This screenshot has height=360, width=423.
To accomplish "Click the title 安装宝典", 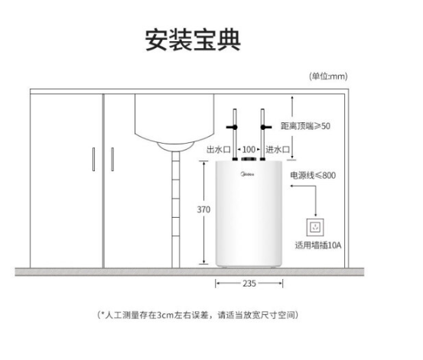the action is pyautogui.click(x=193, y=40).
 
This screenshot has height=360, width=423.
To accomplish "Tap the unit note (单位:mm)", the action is pyautogui.click(x=328, y=76).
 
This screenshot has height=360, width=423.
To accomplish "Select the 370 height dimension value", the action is pyautogui.click(x=203, y=209).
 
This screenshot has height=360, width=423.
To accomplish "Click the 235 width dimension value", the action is pyautogui.click(x=249, y=284).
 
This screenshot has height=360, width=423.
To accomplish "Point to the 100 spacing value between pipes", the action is pyautogui.click(x=249, y=149).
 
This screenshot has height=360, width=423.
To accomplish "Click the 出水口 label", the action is pyautogui.click(x=219, y=149).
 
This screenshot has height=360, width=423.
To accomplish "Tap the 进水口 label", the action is pyautogui.click(x=278, y=149).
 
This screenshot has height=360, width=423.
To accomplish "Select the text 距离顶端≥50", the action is pyautogui.click(x=305, y=126).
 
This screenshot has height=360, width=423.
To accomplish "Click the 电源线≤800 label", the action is pyautogui.click(x=313, y=175).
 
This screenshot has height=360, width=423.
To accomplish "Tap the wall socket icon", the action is pyautogui.click(x=315, y=227).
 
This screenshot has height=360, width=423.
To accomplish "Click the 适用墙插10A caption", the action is pyautogui.click(x=318, y=245).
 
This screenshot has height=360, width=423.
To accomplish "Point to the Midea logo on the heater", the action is pyautogui.click(x=247, y=174).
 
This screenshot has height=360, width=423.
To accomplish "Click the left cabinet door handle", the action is pyautogui.click(x=93, y=159).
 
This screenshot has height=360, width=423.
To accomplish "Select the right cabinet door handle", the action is pyautogui.click(x=112, y=159).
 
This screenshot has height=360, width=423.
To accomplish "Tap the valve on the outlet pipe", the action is pyautogui.click(x=232, y=127).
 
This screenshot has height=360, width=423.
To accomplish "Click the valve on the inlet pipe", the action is pyautogui.click(x=265, y=127).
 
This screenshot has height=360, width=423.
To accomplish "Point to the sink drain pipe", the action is pyautogui.click(x=176, y=209).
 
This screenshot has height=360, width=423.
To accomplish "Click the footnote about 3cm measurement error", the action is pyautogui.click(x=198, y=315).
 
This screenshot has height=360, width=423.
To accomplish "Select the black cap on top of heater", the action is pyautogui.click(x=249, y=159).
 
